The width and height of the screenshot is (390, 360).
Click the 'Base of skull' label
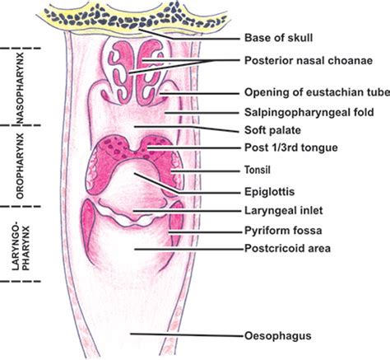point(278,38)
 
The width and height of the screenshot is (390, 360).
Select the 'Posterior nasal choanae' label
point(309,60)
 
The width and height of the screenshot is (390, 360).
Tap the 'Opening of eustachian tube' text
point(317,92)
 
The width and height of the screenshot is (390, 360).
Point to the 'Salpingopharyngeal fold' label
point(309,112)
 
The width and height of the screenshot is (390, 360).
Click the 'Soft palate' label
point(272,130)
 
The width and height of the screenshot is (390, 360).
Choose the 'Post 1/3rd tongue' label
point(291,147)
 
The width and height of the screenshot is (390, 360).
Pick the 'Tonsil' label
point(258,170)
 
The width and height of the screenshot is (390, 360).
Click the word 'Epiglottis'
point(270,191)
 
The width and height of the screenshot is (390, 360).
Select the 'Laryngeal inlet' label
point(284,211)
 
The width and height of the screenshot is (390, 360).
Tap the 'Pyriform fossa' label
point(283,231)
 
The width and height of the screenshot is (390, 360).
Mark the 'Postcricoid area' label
point(287,248)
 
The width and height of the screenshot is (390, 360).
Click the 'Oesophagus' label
point(278,336)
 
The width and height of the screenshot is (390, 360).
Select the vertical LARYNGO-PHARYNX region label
point(21,245)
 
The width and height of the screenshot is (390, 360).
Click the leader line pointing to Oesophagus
point(187,334)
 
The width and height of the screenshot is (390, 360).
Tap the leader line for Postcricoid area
point(189,249)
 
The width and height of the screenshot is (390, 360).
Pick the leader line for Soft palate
point(187,129)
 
